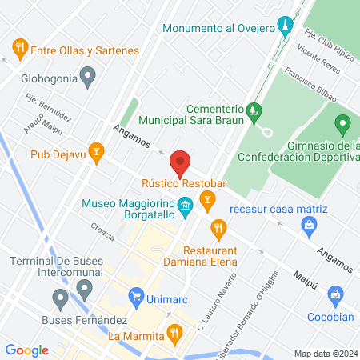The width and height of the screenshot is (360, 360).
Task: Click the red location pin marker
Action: pyautogui.click(x=181, y=162)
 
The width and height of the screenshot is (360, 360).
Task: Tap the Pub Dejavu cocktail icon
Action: pyautogui.click(x=97, y=151)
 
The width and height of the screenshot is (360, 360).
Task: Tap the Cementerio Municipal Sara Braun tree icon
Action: pyautogui.click(x=254, y=109)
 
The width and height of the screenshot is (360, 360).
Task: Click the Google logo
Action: pyautogui.click(x=26, y=350)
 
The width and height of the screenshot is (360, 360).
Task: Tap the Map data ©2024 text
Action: pyautogui.click(x=326, y=354)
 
